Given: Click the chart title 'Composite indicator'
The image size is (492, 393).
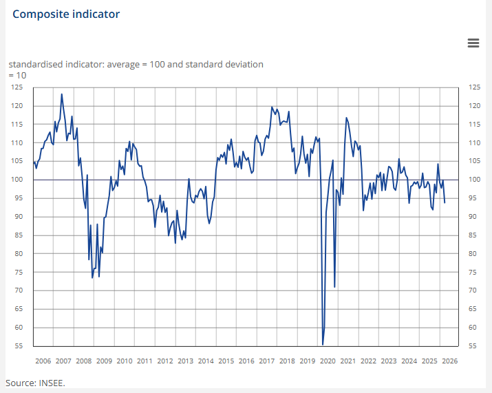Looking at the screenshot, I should click(65, 14).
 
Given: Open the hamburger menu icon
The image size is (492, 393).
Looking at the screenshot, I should click(473, 43).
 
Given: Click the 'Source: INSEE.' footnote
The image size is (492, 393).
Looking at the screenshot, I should click(35, 382).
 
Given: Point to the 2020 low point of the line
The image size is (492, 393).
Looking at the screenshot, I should click(323, 344).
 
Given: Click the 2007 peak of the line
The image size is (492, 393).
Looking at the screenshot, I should click(62, 94).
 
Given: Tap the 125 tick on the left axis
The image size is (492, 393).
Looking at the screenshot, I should click(18, 87).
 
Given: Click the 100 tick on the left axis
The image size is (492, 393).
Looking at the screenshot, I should click(18, 180).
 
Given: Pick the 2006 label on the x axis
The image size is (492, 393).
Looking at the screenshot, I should click(43, 361).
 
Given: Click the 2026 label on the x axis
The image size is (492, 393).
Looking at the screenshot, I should click(449, 361).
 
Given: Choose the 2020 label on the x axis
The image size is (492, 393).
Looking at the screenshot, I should click(328, 361).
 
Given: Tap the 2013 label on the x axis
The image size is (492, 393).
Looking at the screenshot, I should click(185, 361).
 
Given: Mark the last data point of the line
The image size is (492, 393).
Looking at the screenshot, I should click(445, 202).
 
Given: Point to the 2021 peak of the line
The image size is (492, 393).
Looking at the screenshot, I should click(346, 118).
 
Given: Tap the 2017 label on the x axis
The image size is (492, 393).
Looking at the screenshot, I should click(266, 361).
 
